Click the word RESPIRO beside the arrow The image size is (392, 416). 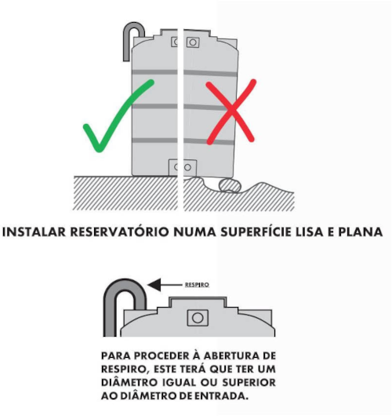pos(197,285)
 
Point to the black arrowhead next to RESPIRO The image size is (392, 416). pos(154,285)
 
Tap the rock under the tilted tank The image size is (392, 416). pos(230,185)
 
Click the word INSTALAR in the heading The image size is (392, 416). pos(34,232)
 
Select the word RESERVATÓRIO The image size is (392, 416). pos(119,232)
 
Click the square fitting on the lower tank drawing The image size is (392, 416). pos(198,318)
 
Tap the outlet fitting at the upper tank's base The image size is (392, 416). pos(183,167)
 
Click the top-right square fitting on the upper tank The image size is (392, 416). pos(193,42)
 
